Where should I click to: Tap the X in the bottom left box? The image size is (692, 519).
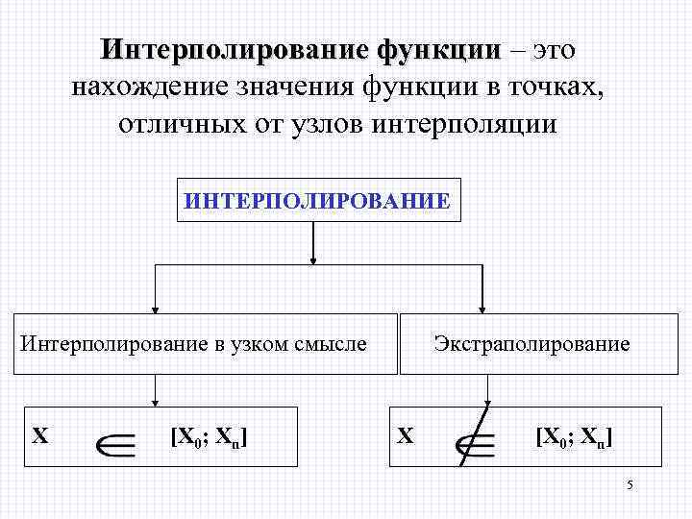[x=40, y=435]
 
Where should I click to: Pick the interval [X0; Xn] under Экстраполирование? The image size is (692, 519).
[x=574, y=437]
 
